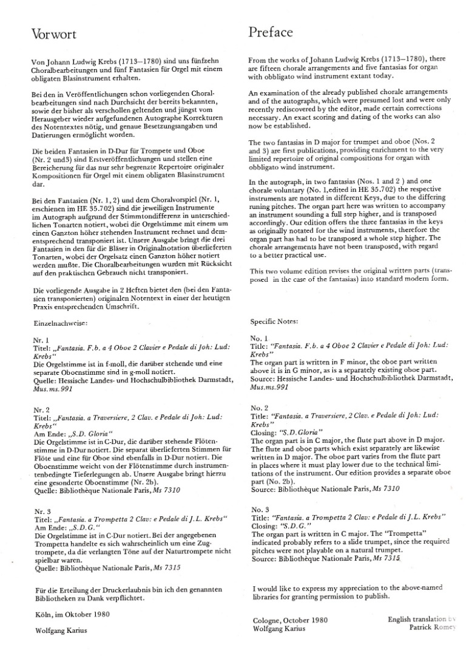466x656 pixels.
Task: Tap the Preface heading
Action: coord(271,32)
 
